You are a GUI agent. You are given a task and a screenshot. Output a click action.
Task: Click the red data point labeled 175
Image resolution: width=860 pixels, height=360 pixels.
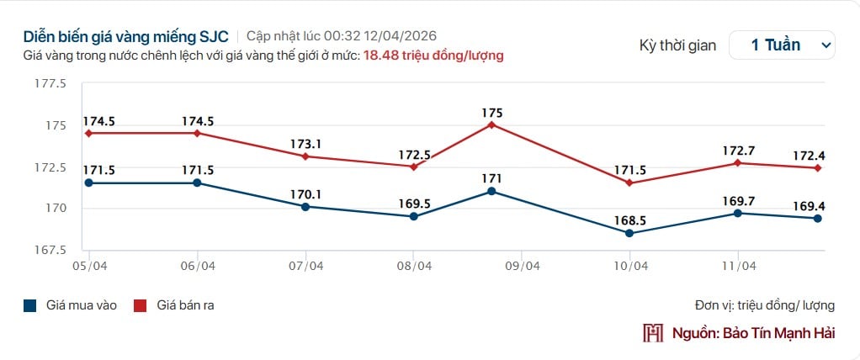pos(492,124)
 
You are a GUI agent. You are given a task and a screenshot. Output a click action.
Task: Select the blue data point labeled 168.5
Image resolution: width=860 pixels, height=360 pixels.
pos(630,233)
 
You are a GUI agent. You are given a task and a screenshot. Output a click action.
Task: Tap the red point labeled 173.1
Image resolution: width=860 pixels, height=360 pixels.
pos(305,156)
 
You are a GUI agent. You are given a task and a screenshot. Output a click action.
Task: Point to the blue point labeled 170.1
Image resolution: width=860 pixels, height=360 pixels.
pos(305,206)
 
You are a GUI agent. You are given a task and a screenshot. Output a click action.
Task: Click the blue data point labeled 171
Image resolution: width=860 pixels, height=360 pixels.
pos(492,191)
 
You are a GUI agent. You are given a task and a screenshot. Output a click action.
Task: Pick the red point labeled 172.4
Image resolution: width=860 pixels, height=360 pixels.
pos(817,168)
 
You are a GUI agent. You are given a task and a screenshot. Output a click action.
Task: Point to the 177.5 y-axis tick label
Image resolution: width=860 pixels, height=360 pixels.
pos(50,83)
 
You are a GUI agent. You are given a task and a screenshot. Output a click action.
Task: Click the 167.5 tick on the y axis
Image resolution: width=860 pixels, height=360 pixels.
pos(50,250)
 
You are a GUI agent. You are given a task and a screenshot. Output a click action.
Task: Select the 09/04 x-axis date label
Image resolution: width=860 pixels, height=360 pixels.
pos(522,266)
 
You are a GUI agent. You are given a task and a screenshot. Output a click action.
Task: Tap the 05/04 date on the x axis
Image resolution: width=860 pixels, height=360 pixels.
pos(88,266)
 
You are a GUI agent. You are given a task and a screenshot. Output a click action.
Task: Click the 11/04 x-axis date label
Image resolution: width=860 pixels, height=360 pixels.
pos(738,266)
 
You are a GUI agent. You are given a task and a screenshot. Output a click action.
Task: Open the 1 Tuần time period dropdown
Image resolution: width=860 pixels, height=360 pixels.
pos(782,45)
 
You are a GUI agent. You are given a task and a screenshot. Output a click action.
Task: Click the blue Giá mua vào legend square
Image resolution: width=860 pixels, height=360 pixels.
pos(29,305)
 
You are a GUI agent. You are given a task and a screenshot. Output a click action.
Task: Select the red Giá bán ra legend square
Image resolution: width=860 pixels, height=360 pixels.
pos(141,305)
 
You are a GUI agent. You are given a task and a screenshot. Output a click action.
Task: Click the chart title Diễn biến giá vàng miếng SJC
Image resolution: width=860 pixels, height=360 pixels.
pos(126,37)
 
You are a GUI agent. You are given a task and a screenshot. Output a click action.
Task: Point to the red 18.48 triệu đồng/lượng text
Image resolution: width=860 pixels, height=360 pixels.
pos(433,56)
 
